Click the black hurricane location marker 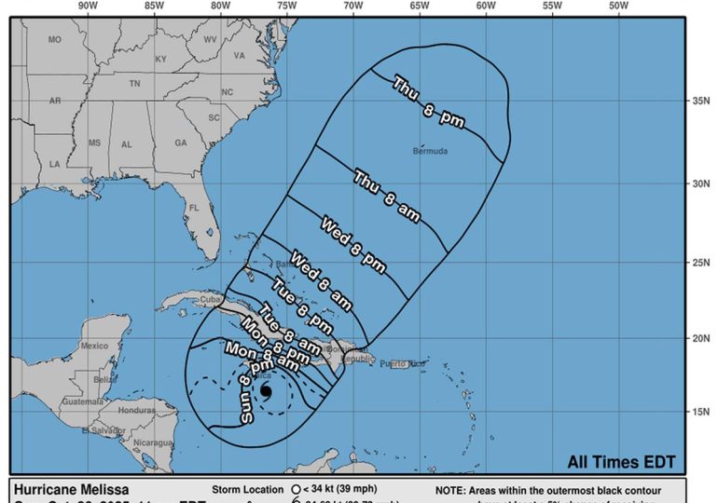click(266, 391)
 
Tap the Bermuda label click(431, 151)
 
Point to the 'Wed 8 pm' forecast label click(353, 238)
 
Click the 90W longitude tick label click(88, 7)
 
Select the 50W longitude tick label click(617, 7)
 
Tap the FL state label click(194, 208)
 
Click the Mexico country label click(95, 346)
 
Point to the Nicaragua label click(154, 442)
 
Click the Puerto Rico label click(403, 363)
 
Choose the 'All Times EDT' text click(621, 462)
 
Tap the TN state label click(134, 84)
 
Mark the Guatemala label click(83, 401)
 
